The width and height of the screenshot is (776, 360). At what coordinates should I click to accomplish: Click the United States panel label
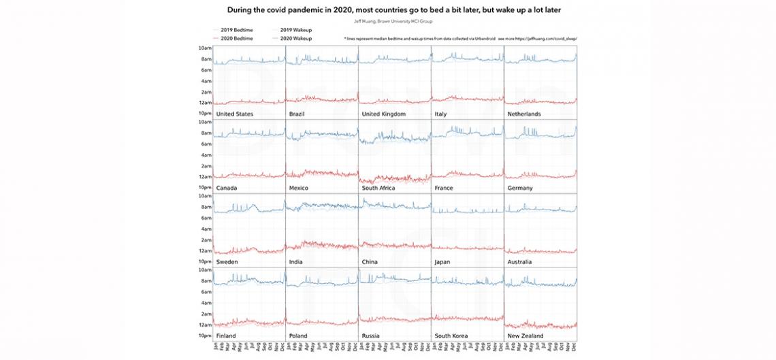pos(235,114)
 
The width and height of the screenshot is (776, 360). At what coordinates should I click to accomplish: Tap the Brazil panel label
pos(297,114)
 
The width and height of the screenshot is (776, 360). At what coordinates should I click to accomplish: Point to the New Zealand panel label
pos(526,336)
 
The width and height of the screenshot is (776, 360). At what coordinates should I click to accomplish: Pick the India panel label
pos(296,261)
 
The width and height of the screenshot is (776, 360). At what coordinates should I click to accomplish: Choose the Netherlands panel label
pos(524,114)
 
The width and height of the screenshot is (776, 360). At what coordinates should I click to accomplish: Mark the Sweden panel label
pos(227,261)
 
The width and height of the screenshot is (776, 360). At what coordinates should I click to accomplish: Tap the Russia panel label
pos(371,336)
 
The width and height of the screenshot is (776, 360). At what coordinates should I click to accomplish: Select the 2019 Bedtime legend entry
pos(234,31)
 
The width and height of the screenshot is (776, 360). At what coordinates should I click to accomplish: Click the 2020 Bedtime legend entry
pos(234,39)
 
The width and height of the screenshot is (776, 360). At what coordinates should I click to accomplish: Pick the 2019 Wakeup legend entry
pos(295,31)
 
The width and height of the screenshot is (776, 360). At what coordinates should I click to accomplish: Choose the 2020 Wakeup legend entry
pos(295,39)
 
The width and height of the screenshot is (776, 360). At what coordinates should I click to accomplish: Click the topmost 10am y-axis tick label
pos(204,48)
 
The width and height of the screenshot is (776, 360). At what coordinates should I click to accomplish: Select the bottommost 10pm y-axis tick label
pos(204,336)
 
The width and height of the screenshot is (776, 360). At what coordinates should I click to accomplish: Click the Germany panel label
pos(520,188)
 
